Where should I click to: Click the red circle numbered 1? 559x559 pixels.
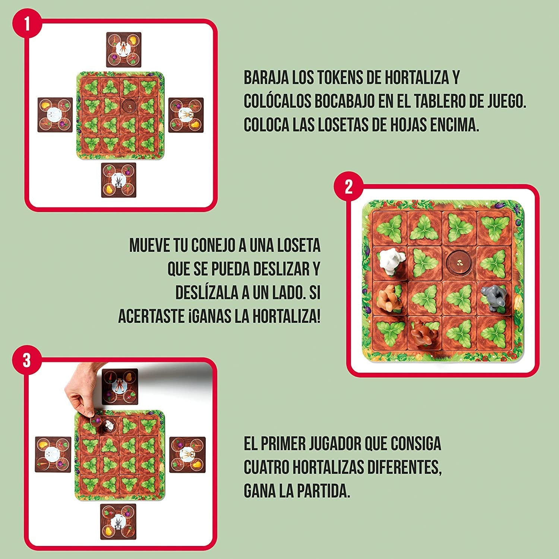pyautogui.click(x=26, y=24)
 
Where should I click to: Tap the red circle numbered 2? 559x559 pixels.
pyautogui.click(x=348, y=187)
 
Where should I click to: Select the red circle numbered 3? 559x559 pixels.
pyautogui.click(x=26, y=361)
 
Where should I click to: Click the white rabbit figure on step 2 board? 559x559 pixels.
pyautogui.click(x=389, y=262)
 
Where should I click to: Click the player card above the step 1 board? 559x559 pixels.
pyautogui.click(x=124, y=49)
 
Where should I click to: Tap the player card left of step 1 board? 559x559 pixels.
pyautogui.click(x=55, y=115)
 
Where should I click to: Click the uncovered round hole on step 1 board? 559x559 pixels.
pyautogui.click(x=129, y=106)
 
